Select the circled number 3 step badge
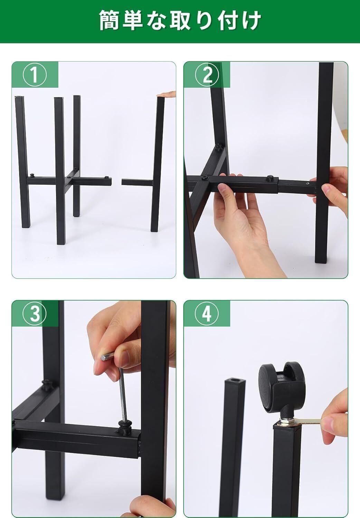35,314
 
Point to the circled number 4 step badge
207,314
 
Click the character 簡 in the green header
109,20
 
